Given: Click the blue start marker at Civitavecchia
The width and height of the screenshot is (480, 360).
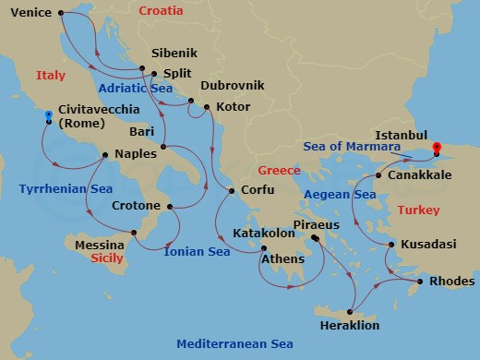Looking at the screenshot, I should (x=49, y=116).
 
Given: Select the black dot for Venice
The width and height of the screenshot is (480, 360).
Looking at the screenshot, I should (x=61, y=13).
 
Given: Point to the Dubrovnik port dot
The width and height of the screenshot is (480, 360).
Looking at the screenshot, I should (x=191, y=101).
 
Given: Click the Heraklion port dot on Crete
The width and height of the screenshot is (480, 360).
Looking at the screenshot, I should (x=352, y=311).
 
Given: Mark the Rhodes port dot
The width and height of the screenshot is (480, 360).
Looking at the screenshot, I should (x=420, y=282).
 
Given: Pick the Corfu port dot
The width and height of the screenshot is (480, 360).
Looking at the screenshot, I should (x=231, y=190).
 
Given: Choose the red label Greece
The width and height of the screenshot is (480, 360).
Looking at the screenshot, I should (x=279, y=171).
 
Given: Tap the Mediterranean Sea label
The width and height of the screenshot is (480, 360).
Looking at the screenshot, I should (x=235, y=343).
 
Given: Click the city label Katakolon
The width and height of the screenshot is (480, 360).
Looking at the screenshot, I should (x=263, y=234).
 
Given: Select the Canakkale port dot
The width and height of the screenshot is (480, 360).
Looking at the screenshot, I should (x=379, y=174).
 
